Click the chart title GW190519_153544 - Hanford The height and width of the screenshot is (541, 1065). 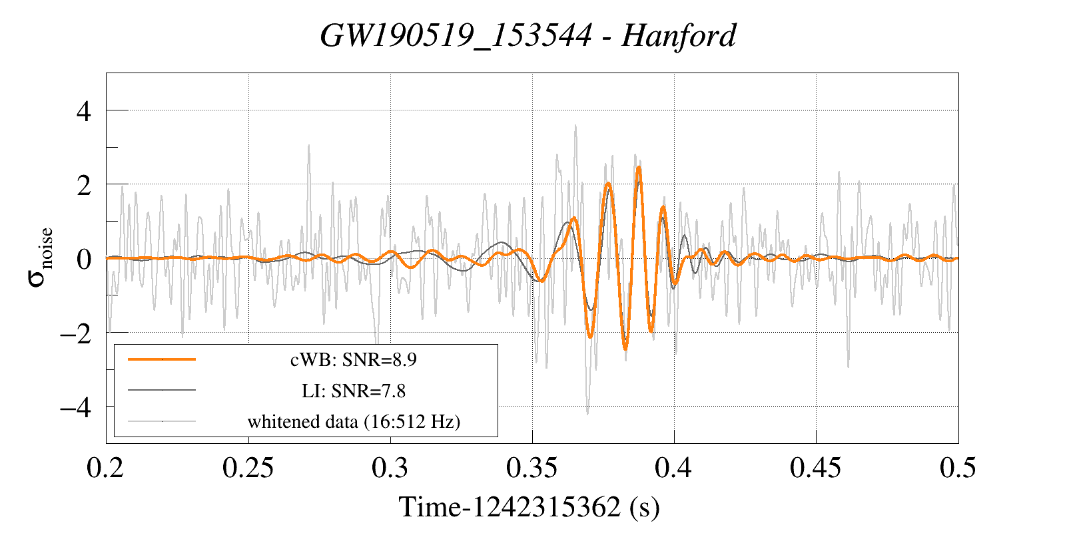pos(528,35)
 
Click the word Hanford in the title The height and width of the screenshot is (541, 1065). pos(679,35)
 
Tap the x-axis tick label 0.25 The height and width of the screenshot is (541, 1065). pos(248,468)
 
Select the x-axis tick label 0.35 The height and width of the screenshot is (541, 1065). pos(532,468)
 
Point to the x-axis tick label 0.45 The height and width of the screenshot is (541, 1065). pos(815,468)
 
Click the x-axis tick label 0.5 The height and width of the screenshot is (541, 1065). pos(958,468)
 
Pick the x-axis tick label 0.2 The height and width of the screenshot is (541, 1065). pos(106,468)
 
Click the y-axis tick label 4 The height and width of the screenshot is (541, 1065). pos(83,111)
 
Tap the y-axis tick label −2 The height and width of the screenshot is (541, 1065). pos(75,333)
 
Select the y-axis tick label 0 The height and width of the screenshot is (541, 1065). pos(83,259)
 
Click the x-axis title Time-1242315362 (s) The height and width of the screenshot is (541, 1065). pos(529,508)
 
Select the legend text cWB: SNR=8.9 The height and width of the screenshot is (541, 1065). pos(354,360)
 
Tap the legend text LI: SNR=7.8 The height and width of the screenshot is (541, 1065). pos(354,391)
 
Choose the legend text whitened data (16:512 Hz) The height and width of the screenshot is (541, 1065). pos(354,422)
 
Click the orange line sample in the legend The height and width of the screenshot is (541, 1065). pos(162,359)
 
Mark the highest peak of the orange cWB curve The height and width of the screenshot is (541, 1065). pos(639,167)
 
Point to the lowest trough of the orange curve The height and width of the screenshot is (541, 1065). pos(625,349)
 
